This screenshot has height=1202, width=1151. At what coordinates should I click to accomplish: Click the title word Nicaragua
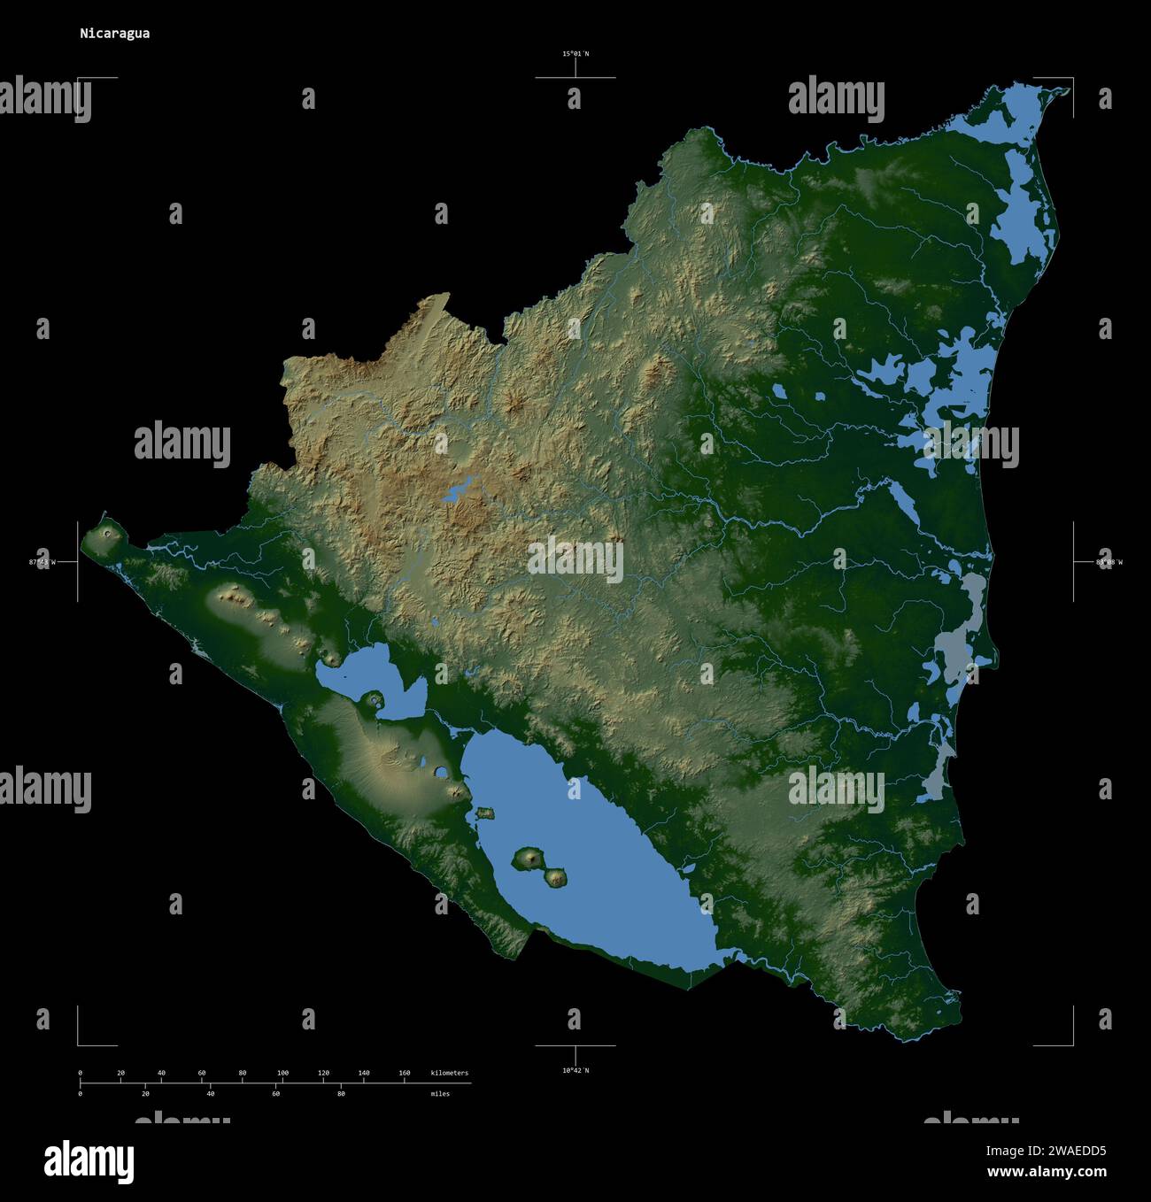coord(114,34)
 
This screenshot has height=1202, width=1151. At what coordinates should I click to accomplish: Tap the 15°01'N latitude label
coord(575,54)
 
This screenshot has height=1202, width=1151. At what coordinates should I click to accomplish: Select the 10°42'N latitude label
coord(575,1071)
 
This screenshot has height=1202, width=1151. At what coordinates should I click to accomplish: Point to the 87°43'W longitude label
coord(42,562)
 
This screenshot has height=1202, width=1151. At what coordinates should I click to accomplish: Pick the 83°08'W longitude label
coord(1109,562)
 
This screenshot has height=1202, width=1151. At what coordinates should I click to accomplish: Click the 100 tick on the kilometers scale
coord(282,1073)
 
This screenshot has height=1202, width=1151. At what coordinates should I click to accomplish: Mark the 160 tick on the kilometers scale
coord(404,1073)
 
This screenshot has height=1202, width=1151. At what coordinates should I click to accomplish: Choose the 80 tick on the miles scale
coord(341,1094)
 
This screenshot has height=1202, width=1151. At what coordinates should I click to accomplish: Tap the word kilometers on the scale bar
coord(449,1073)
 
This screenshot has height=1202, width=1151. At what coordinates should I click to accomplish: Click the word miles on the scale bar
coord(440,1094)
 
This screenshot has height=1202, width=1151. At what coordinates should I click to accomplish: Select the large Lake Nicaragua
coord(593,867)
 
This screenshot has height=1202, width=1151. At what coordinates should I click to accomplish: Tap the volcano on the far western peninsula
coord(110,534)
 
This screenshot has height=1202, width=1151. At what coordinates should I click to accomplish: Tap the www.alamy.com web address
coord(1047,1172)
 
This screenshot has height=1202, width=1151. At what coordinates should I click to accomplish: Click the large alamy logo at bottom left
coord(89,1160)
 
